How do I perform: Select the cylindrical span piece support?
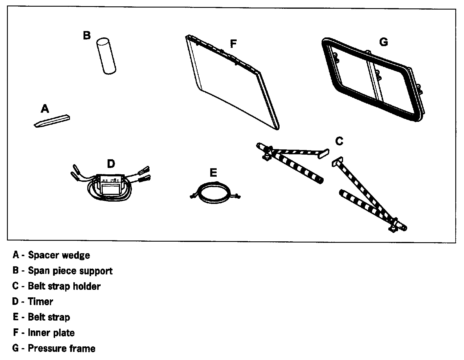coord(106,56)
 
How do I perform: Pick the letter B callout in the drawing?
coord(86,35)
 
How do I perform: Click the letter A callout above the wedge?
coord(44,109)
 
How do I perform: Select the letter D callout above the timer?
coord(111,164)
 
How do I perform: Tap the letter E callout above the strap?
coord(213,173)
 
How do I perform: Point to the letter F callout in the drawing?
coord(233,44)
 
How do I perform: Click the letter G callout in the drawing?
coord(383,42)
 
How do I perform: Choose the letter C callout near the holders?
coord(339,141)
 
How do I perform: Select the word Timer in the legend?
coord(40,302)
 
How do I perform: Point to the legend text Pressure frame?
coord(61,348)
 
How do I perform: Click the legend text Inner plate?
coord(51,333)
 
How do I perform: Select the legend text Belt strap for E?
coord(49,317)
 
